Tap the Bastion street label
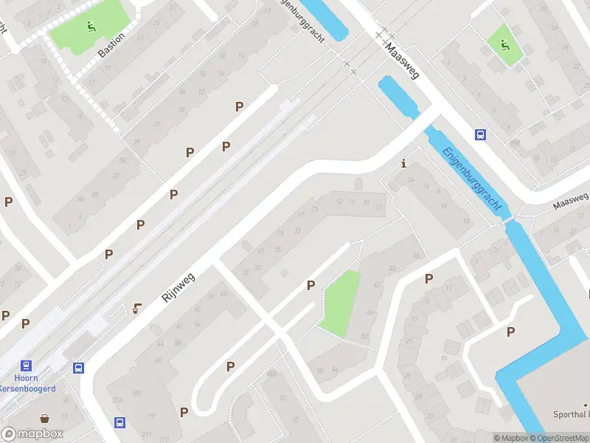tap(111, 45)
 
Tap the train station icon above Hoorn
tap(27, 365)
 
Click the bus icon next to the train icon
tap(78, 368)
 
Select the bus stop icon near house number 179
tap(119, 422)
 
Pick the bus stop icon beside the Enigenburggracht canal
tap(480, 134)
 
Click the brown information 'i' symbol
tap(403, 163)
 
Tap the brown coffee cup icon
tap(136, 309)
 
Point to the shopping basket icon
tap(46, 419)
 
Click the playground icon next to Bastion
tap(91, 28)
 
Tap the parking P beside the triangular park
tap(310, 285)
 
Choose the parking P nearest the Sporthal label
tap(510, 332)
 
